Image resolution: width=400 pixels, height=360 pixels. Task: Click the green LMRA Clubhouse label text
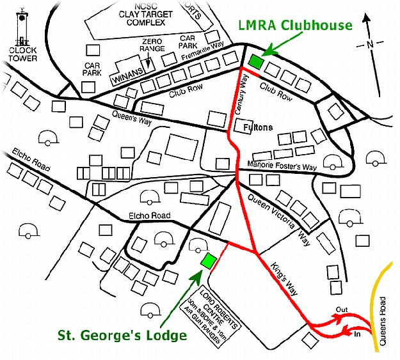[296, 26]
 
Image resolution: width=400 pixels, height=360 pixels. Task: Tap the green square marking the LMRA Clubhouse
[256, 62]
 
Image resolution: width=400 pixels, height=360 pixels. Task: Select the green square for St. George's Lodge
[208, 261]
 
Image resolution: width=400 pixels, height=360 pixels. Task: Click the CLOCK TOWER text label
[23, 54]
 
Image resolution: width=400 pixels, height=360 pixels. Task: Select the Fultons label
[259, 128]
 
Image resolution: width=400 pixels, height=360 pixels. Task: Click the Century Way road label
[242, 96]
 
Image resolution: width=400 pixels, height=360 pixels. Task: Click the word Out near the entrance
[342, 309]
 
